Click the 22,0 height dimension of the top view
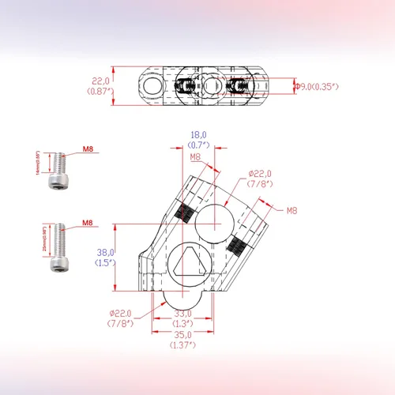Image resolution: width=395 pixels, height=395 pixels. click(100, 81)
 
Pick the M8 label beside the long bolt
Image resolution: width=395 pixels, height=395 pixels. click(88, 224)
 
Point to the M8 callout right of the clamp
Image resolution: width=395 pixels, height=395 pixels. click(291, 210)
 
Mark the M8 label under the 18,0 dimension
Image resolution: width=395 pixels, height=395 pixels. click(195, 157)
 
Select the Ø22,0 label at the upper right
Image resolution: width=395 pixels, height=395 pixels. click(259, 173)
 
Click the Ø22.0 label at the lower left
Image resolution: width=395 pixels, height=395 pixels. click(121, 313)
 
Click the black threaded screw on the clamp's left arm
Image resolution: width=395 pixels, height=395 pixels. click(186, 211)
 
